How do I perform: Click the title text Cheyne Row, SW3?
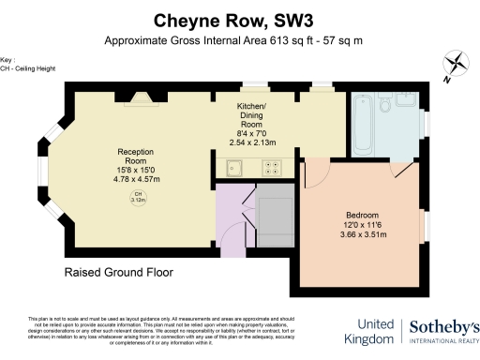239,20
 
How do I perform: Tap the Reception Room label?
136,156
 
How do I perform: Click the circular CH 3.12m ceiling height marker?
136,197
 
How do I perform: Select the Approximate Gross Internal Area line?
239,41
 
